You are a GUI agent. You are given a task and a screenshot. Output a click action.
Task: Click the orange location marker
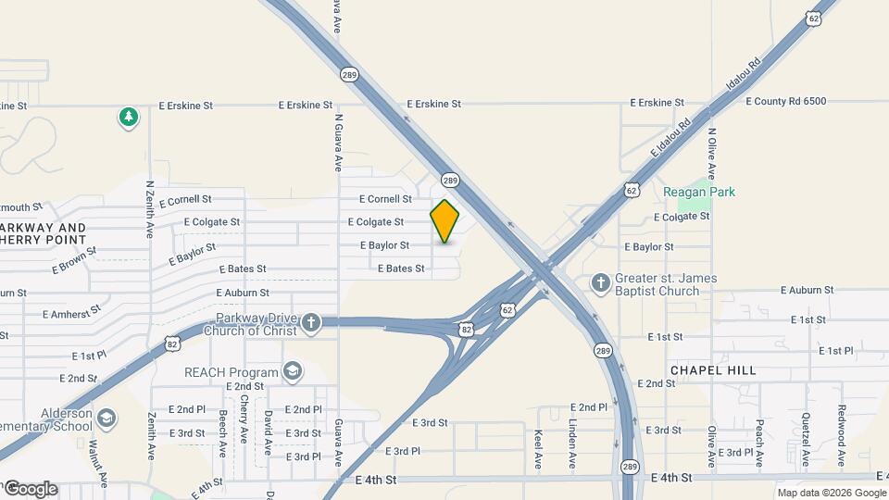coord(444,221)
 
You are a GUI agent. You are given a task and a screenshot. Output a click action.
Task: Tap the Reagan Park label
coord(699,192)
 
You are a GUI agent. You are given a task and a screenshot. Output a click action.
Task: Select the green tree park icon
coord(129,118)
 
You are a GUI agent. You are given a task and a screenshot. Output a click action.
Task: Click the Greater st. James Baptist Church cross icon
coord(601,281)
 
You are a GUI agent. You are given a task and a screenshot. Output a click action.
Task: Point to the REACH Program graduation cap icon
coord(294,372)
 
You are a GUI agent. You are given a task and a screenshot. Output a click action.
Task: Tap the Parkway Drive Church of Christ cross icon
coord(311,322)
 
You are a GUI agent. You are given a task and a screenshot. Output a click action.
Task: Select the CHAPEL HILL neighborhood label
coord(713,370)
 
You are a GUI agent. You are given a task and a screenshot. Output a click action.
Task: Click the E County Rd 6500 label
coord(785,101)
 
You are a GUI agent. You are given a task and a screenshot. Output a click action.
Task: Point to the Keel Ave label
coord(538,447)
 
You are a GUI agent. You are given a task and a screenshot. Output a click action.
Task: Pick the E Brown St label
coord(74,260)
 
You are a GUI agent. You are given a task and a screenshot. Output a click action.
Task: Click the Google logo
coord(31,489)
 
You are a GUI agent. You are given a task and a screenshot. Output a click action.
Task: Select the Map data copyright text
coord(831,493)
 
